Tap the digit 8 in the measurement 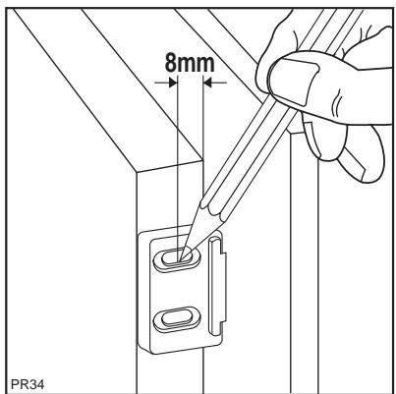click(166, 64)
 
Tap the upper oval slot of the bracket click(174, 258)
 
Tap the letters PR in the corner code click(14, 379)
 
